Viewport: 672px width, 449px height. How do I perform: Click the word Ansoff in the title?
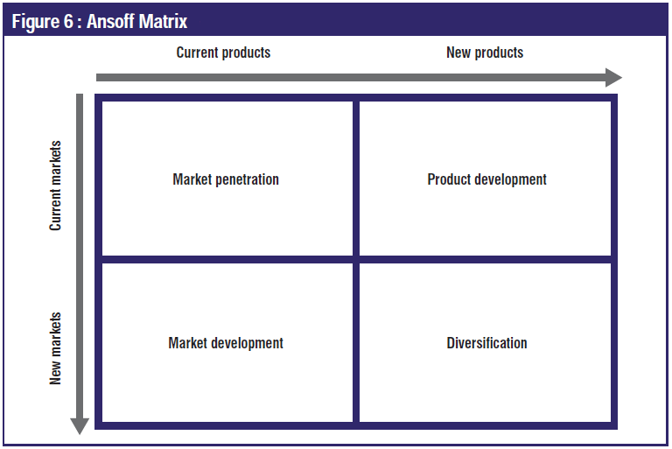(110, 21)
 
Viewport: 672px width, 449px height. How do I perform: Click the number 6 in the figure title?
(68, 21)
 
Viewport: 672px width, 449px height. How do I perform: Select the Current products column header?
(223, 53)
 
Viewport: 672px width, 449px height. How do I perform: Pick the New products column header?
(485, 53)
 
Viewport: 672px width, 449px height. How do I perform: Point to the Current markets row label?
(55, 186)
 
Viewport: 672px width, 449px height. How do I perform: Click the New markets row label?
(55, 348)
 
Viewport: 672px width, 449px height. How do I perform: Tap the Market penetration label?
(226, 179)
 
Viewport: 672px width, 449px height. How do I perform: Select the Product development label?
(486, 179)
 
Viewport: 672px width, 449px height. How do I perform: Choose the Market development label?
(226, 343)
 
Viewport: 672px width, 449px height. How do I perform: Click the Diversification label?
(486, 343)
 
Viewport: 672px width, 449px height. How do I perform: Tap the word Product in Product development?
(449, 179)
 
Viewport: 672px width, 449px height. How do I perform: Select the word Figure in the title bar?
(36, 22)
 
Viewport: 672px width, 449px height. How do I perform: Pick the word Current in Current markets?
(55, 210)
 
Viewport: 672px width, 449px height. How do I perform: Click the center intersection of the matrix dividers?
(356, 259)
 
